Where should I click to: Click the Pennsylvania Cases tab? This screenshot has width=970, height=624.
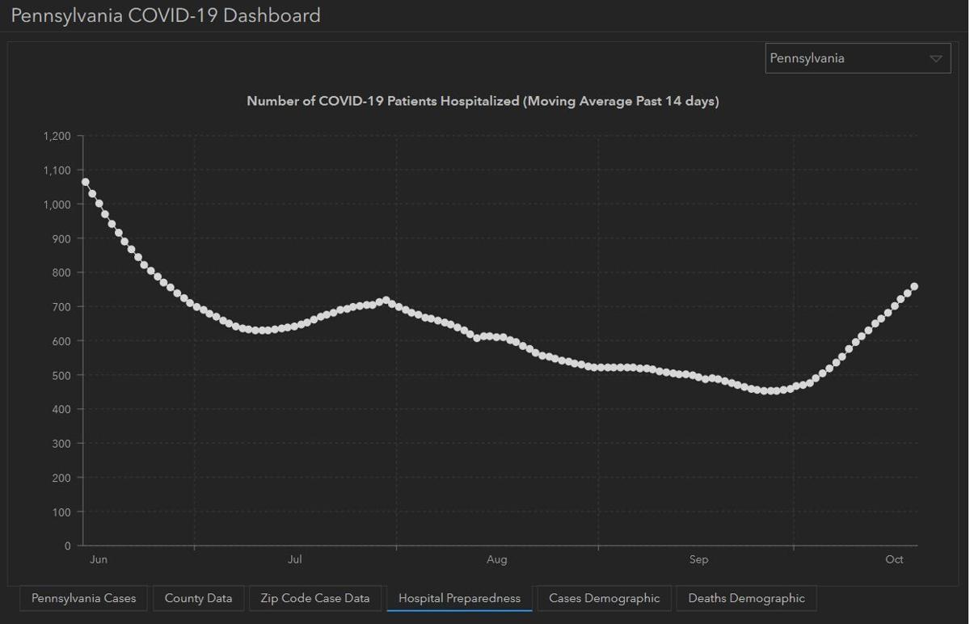pyautogui.click(x=84, y=599)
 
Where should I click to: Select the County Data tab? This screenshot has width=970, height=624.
pyautogui.click(x=198, y=599)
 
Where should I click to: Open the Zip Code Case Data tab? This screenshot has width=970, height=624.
pyautogui.click(x=315, y=599)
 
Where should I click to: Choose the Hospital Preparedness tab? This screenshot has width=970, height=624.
pyautogui.click(x=459, y=599)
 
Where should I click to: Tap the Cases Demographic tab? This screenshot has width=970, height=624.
pyautogui.click(x=604, y=599)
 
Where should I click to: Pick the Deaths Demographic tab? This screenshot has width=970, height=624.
pyautogui.click(x=746, y=599)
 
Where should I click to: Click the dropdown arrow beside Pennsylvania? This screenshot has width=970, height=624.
pyautogui.click(x=936, y=59)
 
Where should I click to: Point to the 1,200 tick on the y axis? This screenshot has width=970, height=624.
pyautogui.click(x=57, y=136)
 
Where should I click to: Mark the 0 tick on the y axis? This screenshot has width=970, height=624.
pyautogui.click(x=68, y=546)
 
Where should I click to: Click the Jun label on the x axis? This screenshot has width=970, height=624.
pyautogui.click(x=98, y=560)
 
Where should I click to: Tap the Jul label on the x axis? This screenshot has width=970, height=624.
pyautogui.click(x=295, y=560)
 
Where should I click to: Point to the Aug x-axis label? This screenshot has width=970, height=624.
pyautogui.click(x=496, y=560)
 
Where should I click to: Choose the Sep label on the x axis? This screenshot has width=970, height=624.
pyautogui.click(x=698, y=560)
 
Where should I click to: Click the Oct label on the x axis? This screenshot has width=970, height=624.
pyautogui.click(x=894, y=560)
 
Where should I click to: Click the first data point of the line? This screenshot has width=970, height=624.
pyautogui.click(x=85, y=182)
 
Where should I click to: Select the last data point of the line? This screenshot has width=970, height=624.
pyautogui.click(x=914, y=287)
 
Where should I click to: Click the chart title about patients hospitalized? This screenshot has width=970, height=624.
pyautogui.click(x=483, y=102)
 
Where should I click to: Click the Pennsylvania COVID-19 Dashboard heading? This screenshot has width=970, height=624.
pyautogui.click(x=166, y=15)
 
